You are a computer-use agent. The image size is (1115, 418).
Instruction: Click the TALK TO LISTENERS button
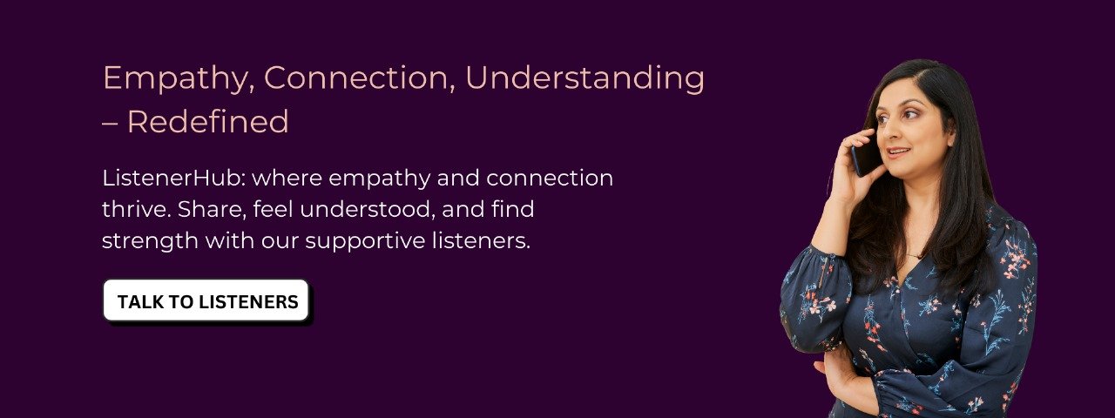point(206,300)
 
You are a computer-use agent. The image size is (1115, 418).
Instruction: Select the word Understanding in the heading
point(585,78)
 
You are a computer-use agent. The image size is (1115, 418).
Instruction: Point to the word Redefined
point(208,121)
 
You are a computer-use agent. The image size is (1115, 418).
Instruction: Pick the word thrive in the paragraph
point(136,209)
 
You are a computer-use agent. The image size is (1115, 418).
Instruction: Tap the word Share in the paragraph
point(212,210)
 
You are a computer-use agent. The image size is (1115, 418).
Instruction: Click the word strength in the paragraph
point(150,241)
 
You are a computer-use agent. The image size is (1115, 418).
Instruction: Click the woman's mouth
point(897,152)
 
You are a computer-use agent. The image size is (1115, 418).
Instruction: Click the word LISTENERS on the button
point(248,301)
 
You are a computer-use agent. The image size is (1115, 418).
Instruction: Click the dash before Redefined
point(110,123)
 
